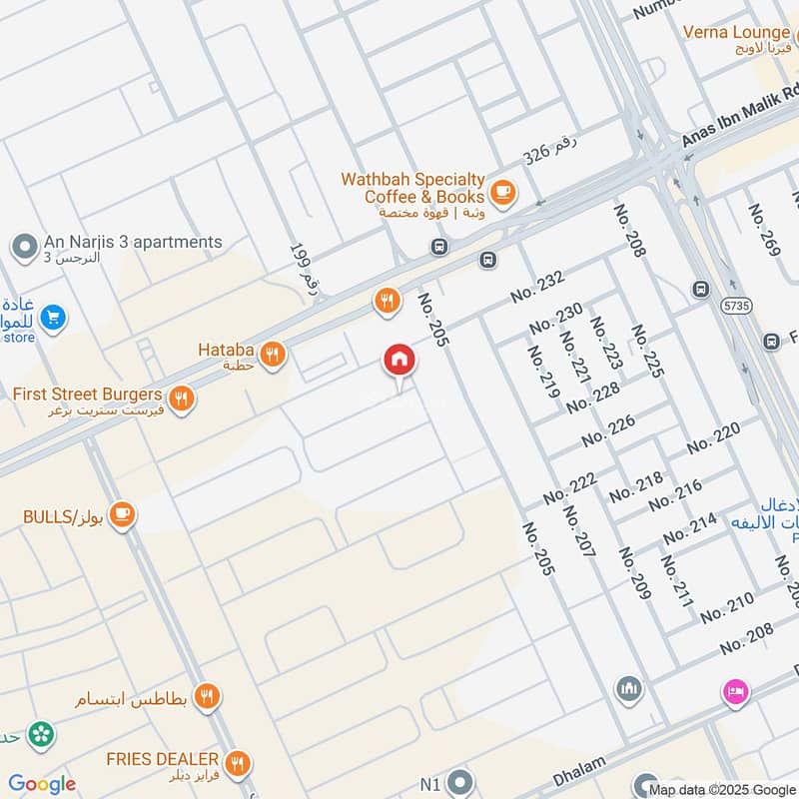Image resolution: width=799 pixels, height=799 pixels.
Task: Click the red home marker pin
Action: point(399,361)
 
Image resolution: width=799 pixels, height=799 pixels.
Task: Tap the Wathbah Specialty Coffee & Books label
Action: point(412,189)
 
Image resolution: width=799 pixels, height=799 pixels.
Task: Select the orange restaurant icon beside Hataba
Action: point(272,353)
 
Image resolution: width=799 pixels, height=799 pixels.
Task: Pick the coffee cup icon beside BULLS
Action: point(123,515)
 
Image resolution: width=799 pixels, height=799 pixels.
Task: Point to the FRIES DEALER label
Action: point(163,759)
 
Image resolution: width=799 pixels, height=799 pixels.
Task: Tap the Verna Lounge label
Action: point(735,32)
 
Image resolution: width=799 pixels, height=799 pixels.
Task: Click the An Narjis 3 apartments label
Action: point(132,243)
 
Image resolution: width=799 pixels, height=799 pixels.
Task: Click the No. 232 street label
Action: point(537,287)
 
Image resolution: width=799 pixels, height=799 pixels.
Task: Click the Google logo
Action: point(42,784)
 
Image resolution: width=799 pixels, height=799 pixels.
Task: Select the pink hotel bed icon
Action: point(735,691)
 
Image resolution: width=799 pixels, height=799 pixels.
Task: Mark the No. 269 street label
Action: point(763,230)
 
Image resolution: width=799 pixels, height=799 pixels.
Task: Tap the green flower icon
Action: point(41,734)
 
